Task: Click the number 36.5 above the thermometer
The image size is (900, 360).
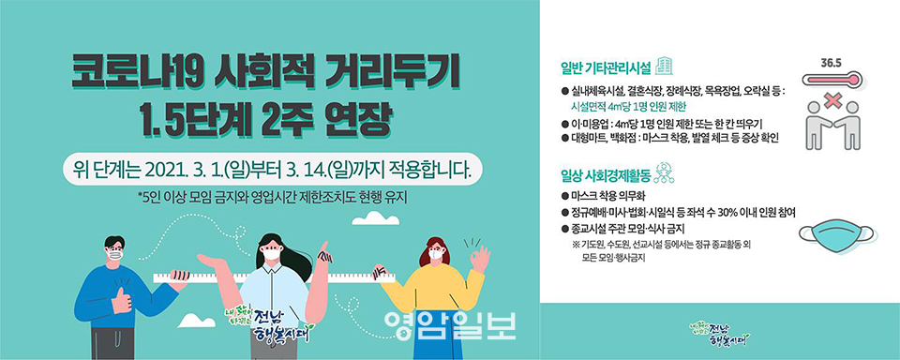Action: click(832, 63)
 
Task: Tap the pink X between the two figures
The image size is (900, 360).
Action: click(832, 101)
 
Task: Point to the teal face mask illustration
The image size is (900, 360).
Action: click(835, 235)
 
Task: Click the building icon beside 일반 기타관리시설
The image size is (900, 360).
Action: click(664, 66)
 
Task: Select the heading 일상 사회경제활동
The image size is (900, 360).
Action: click(606, 172)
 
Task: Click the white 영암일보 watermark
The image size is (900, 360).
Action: click(450, 325)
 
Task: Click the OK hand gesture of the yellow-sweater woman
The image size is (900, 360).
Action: click(478, 259)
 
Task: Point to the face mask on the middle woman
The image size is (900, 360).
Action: click(271, 252)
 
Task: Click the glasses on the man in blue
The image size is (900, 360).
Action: click(114, 248)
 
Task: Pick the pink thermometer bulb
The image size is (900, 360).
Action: click(855, 79)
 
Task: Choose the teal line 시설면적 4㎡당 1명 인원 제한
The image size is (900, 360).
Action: click(628, 108)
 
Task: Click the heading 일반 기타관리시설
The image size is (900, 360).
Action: click(606, 67)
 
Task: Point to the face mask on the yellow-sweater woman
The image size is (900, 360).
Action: click(436, 253)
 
